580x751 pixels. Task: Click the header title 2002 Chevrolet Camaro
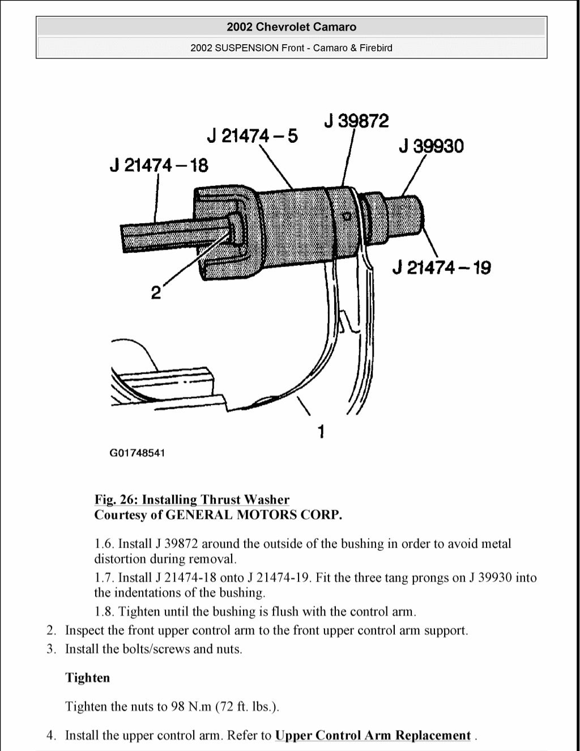[x=291, y=27]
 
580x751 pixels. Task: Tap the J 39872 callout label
[x=356, y=121]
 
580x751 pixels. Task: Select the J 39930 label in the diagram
[x=431, y=146]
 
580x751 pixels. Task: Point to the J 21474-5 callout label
[x=252, y=136]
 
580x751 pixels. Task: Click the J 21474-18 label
[x=159, y=166]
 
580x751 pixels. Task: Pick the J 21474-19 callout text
[x=441, y=268]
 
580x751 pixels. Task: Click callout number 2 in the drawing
[x=156, y=293]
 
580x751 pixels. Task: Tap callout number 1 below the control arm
[x=321, y=432]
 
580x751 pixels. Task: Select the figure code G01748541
[x=137, y=453]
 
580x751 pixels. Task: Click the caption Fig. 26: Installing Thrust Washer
[x=191, y=499]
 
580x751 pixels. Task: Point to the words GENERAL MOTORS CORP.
[x=254, y=515]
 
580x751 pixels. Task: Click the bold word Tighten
[x=87, y=678]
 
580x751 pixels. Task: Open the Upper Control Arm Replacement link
[x=373, y=735]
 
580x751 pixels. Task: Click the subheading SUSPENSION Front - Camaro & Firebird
[x=291, y=48]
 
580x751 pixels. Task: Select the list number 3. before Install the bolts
[x=52, y=649]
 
